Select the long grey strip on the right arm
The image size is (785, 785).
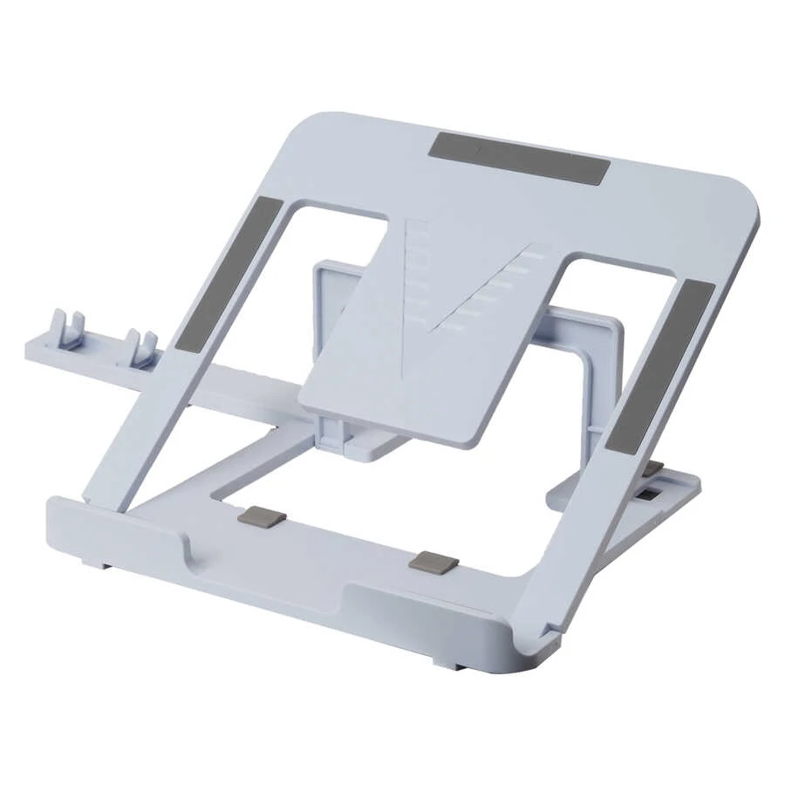pos(660,366)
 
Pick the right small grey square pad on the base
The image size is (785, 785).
pos(433,560)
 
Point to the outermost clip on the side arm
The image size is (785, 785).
pos(70,328)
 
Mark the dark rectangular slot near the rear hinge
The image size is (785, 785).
pos(650,495)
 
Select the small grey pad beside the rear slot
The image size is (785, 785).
pos(652,469)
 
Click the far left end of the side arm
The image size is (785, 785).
pos(31,348)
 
